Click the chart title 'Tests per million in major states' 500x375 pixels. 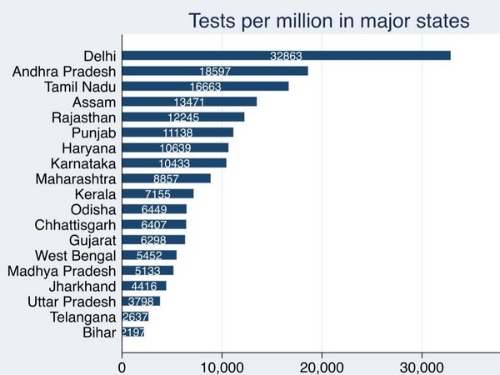(329, 20)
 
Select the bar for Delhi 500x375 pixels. (286, 56)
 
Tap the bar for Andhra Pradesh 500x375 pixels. (215, 71)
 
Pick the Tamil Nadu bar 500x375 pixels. (205, 87)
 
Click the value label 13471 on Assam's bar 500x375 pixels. (188, 102)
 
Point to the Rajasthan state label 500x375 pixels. (83, 117)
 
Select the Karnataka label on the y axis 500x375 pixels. (82, 163)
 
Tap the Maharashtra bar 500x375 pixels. (166, 178)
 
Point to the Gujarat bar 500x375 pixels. (153, 240)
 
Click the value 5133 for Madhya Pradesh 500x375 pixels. (148, 271)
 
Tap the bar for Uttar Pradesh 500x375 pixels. (141, 301)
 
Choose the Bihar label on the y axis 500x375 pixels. (100, 332)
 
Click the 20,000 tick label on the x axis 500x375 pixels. (322, 364)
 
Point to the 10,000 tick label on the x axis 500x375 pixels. (222, 364)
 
